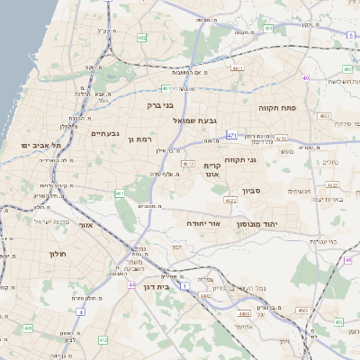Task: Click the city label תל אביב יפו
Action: (42, 145)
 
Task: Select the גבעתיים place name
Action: (105, 134)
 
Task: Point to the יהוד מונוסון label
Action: (260, 223)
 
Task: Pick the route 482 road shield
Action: (142, 38)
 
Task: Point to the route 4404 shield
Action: (245, 312)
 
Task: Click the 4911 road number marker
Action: (238, 67)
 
